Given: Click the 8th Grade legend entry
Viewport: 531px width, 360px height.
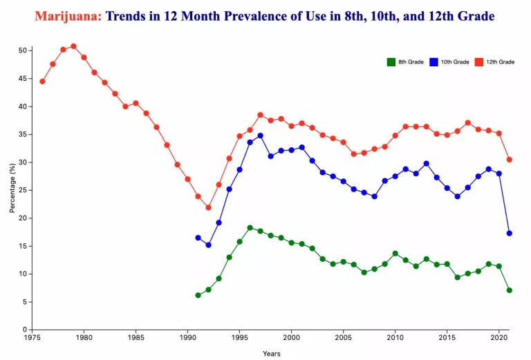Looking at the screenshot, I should pos(406,62).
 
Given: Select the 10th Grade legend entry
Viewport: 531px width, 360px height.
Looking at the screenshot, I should pos(449,62).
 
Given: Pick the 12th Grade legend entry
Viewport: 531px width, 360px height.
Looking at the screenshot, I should pos(495,62).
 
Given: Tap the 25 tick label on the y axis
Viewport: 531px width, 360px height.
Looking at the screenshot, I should pos(23,190).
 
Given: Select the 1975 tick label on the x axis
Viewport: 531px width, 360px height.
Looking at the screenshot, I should pos(32,339).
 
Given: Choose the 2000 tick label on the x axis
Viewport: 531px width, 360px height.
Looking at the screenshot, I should pos(291,339).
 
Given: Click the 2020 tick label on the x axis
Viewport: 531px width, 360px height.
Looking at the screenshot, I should pos(499,339).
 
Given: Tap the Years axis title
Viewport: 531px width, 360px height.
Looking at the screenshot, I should pos(272,353).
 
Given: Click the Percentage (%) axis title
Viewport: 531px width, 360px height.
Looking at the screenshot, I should pos(12,190).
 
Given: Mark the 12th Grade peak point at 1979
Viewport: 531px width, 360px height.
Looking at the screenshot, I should pos(73,46).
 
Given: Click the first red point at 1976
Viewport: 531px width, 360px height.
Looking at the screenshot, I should pos(42,82).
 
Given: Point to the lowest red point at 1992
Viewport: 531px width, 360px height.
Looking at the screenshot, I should pos(208,207).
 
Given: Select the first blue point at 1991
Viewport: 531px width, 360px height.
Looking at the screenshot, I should pos(198,238).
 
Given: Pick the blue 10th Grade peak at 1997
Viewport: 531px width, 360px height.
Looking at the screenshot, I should pos(260,135).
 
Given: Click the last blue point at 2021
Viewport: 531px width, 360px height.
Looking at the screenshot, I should pos(509,233).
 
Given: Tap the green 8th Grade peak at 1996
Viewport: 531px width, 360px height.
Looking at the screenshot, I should pos(250,227).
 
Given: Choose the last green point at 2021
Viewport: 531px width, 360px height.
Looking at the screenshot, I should pos(509,290).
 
